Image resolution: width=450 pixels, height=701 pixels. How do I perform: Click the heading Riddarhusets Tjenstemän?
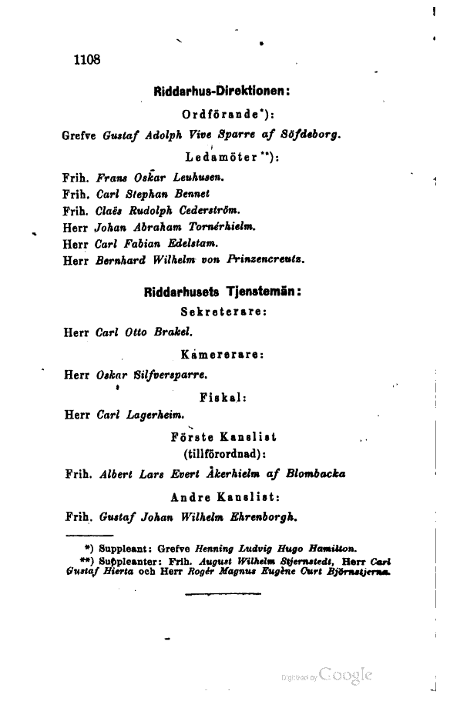(222, 292)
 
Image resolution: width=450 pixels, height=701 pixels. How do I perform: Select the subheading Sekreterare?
(223, 313)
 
